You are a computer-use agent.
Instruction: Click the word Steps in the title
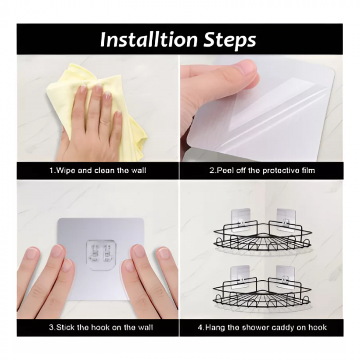pos(230,40)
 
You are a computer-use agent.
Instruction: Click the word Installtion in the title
pos(149,39)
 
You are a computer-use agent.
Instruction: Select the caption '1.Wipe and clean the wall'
pos(98,170)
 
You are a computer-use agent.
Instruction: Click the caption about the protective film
pos(262,170)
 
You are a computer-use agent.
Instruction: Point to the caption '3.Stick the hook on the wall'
pos(101,327)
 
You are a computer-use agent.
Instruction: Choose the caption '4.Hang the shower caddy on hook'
pos(262,327)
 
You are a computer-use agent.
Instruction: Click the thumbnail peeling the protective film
pos(261,108)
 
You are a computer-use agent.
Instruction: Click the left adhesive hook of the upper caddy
pos(240,220)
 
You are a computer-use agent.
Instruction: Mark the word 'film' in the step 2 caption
pos(308,170)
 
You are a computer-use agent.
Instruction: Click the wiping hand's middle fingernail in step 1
pos(99,88)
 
